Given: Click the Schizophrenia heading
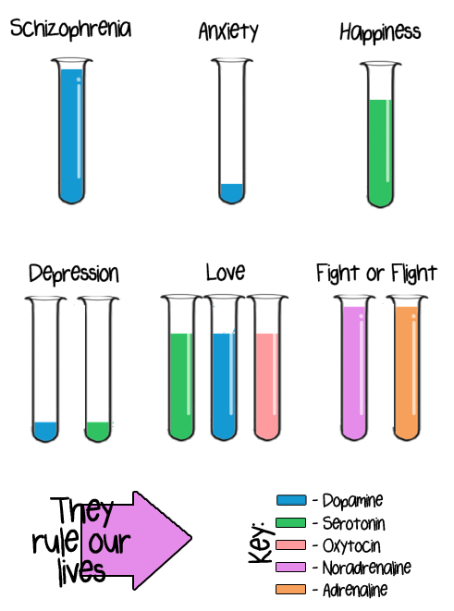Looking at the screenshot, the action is (x=70, y=29).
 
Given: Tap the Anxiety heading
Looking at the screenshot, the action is (x=228, y=31).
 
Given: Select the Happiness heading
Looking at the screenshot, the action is (x=380, y=32).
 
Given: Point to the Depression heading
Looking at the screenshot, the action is (x=74, y=274).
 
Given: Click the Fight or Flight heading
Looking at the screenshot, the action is (x=376, y=273).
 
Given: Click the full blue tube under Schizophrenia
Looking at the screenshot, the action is (x=72, y=131).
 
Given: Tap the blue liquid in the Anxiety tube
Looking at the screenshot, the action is (x=231, y=193).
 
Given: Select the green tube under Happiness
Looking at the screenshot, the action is (x=380, y=134).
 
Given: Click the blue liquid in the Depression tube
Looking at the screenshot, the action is (x=45, y=432).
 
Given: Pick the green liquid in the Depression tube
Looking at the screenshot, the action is (x=98, y=432).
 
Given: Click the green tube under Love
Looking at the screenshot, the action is (x=181, y=368).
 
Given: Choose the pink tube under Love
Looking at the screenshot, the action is (x=267, y=368).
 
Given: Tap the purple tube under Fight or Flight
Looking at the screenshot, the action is (x=354, y=368).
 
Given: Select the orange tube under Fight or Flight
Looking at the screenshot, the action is (x=407, y=368).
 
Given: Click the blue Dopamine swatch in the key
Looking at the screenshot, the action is (x=291, y=500).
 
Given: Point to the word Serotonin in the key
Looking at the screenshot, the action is (x=353, y=523).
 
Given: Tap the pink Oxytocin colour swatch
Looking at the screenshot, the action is (x=290, y=544).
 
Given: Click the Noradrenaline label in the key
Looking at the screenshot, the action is (x=366, y=568).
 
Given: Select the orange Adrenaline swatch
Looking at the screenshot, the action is (x=290, y=589).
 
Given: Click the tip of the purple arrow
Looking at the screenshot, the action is (x=191, y=538).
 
